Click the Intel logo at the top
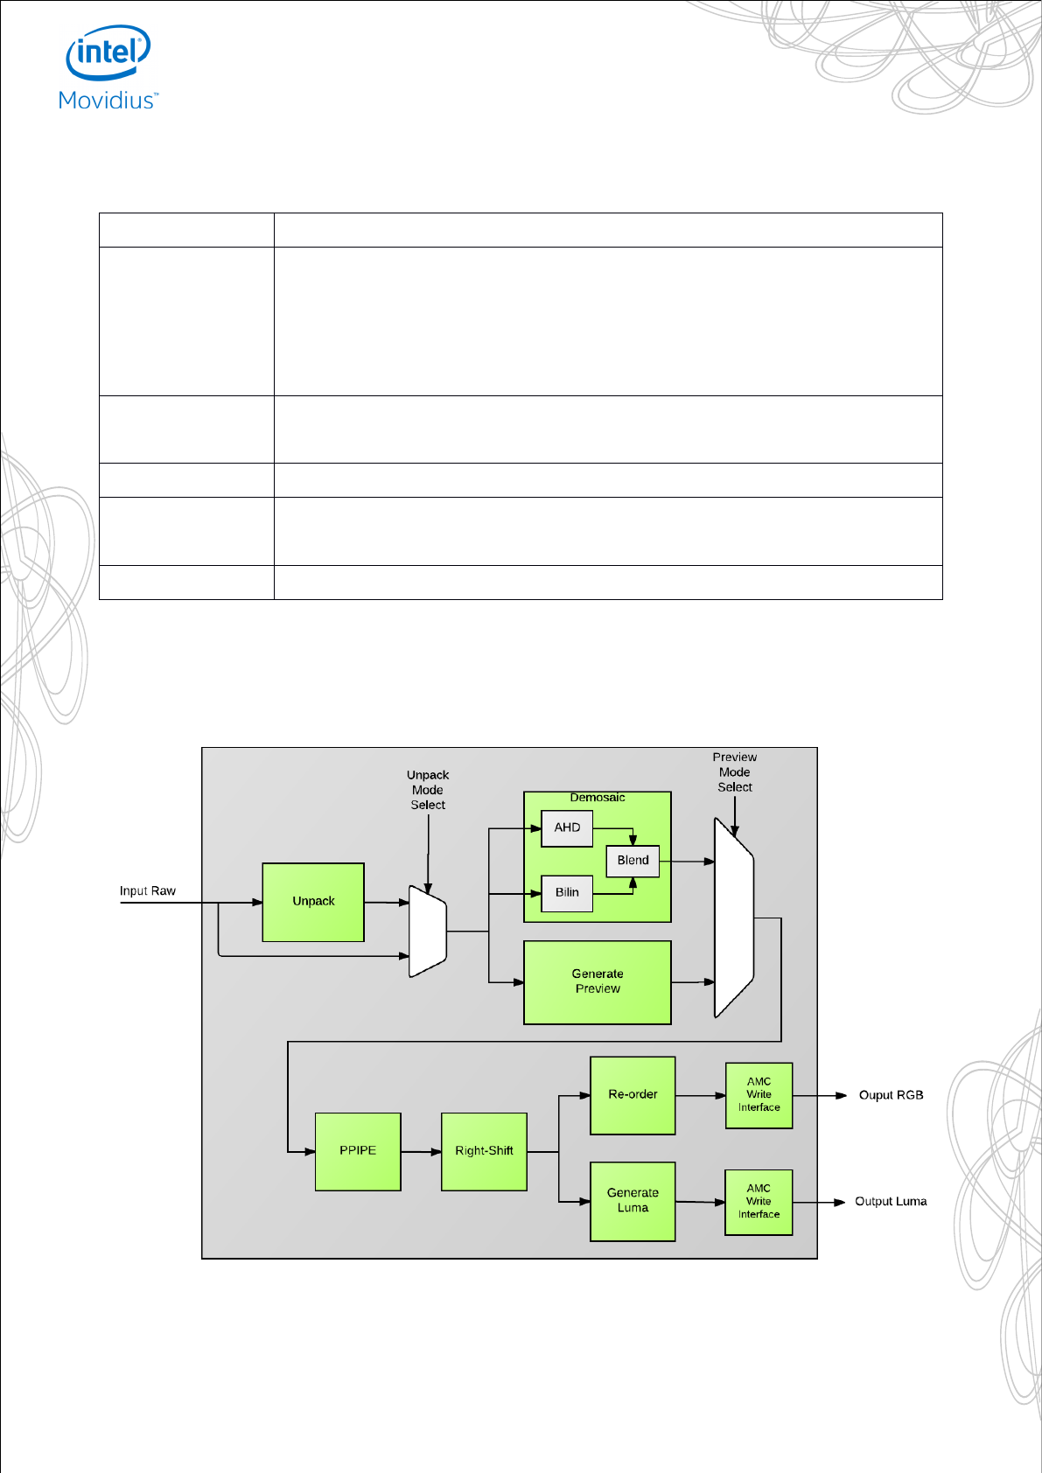pyautogui.click(x=108, y=53)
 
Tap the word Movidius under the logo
pyautogui.click(x=108, y=101)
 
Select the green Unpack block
pyautogui.click(x=313, y=902)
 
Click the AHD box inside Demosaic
pyautogui.click(x=567, y=827)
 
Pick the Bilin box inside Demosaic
pyautogui.click(x=567, y=893)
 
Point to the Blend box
pyautogui.click(x=633, y=861)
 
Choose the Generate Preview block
pyautogui.click(x=598, y=981)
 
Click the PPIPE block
pyautogui.click(x=358, y=1151)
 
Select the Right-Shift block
pyautogui.click(x=484, y=1151)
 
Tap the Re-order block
pyautogui.click(x=633, y=1095)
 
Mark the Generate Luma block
pyautogui.click(x=633, y=1201)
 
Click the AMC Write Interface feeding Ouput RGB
pyautogui.click(x=759, y=1095)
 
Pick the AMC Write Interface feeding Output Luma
pyautogui.click(x=759, y=1202)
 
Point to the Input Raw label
pyautogui.click(x=148, y=891)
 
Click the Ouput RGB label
pyautogui.click(x=891, y=1095)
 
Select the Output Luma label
pyautogui.click(x=891, y=1202)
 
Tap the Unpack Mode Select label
pyautogui.click(x=428, y=790)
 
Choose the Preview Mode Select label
pyautogui.click(x=735, y=772)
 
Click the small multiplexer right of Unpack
pyautogui.click(x=428, y=932)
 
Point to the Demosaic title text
pyautogui.click(x=598, y=798)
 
